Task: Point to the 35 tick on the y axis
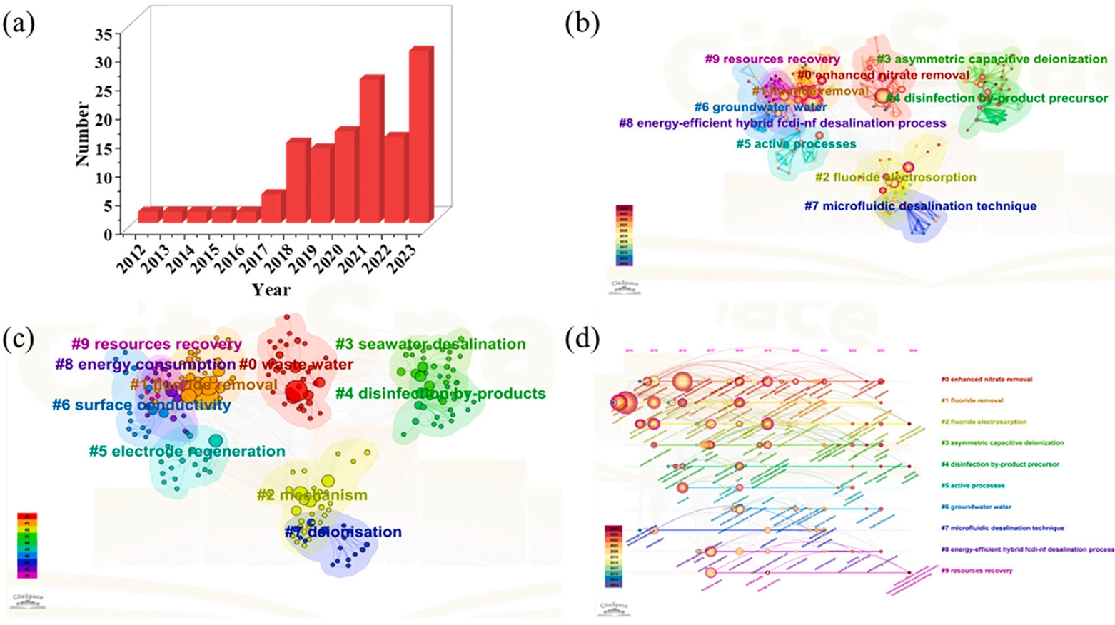(104, 34)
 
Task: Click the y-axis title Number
(82, 134)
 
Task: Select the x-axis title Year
(271, 290)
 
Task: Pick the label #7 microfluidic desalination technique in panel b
(920, 206)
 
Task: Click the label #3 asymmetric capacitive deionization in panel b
(992, 59)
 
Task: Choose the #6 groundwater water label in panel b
(760, 107)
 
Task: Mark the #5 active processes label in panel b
(796, 144)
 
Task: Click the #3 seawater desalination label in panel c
(430, 344)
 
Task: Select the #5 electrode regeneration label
(187, 452)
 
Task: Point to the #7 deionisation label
(343, 532)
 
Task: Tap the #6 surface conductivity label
(141, 405)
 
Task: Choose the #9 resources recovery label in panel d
(977, 571)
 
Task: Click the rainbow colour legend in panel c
(27, 545)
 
